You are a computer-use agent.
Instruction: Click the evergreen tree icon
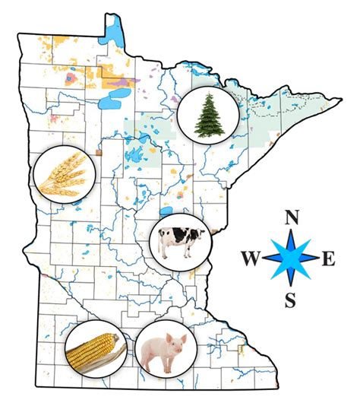point(207,115)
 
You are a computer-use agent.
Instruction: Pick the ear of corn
point(93,351)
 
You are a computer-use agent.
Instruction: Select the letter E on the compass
point(328,259)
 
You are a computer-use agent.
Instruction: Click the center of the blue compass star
point(290,259)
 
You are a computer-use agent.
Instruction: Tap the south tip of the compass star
point(290,287)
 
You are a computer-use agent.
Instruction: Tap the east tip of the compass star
point(317,259)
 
